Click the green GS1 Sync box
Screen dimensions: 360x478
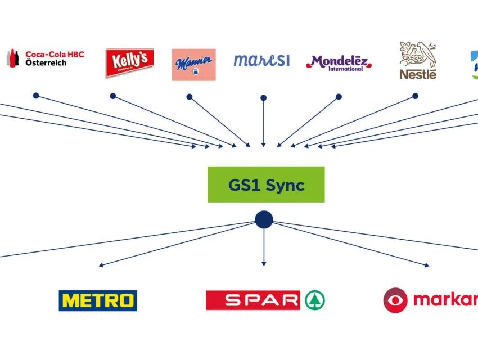click(266, 184)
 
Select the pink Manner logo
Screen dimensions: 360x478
click(193, 64)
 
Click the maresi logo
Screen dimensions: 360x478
click(261, 60)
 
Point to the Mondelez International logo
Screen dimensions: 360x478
click(339, 62)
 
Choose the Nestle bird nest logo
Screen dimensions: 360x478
click(418, 60)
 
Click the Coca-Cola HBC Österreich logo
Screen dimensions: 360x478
click(45, 58)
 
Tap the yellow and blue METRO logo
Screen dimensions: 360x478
click(98, 300)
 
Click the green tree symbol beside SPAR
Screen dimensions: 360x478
click(315, 300)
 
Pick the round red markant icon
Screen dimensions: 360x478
click(395, 300)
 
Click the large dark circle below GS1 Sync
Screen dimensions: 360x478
click(264, 219)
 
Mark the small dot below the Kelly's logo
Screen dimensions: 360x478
click(113, 96)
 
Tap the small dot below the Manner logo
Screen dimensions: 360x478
click(190, 97)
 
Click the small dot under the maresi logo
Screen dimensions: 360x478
click(263, 98)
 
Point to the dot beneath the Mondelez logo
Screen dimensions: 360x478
click(339, 97)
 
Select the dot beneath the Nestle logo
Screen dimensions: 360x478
click(415, 96)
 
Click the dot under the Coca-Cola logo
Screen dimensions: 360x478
click(36, 96)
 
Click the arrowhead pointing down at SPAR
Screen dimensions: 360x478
click(263, 263)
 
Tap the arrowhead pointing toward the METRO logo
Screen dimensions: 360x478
click(101, 264)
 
